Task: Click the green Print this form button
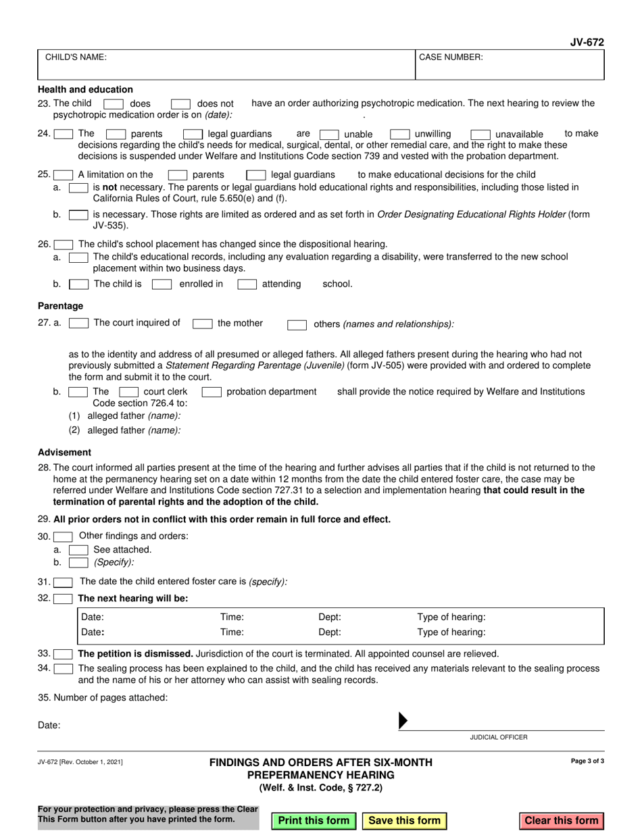tap(314, 820)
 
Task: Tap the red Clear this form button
tap(562, 820)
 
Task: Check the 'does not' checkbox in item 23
tap(180, 104)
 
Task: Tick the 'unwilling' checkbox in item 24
tap(400, 134)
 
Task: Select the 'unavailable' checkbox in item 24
tap(480, 134)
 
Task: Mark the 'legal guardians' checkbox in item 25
tap(255, 175)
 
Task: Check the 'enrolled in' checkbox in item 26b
tap(162, 284)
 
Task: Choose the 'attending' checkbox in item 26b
tap(247, 284)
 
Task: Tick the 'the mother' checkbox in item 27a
tap(203, 324)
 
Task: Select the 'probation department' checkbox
tap(212, 392)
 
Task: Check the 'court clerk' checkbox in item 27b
tap(128, 392)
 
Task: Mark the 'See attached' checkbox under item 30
tap(78, 549)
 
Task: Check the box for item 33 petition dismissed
tap(63, 654)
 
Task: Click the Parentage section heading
tap(61, 306)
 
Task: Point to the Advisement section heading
tap(64, 452)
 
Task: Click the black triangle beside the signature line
tap(403, 720)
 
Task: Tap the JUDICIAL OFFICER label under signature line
tap(499, 737)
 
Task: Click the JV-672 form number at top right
tap(587, 42)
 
